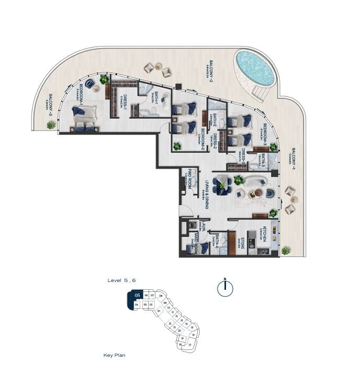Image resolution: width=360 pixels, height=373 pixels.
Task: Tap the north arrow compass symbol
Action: coord(224,288)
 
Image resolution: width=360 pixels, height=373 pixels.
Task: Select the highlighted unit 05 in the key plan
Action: coord(137,296)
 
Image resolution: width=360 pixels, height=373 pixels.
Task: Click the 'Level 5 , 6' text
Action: coord(121,281)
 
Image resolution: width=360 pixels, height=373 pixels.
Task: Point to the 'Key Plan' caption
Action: coord(114,355)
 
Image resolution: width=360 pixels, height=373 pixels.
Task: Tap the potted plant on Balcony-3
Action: coord(51,125)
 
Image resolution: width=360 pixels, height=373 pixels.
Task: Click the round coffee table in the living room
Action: coord(256,194)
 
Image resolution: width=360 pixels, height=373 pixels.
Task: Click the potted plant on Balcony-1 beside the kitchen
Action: coord(286,250)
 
